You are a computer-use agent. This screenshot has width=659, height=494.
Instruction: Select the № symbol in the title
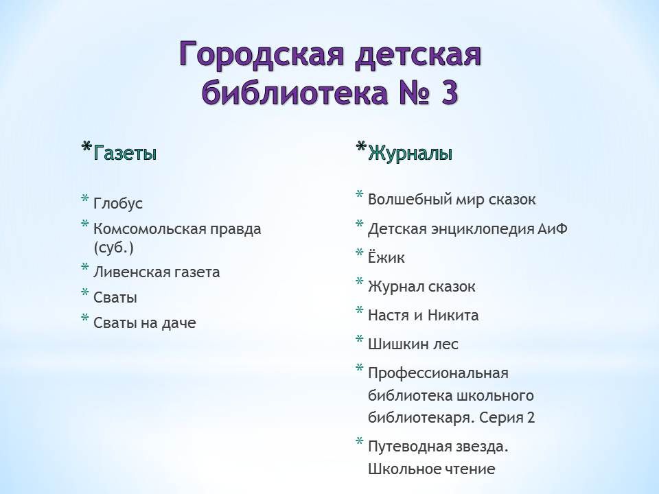coord(413,92)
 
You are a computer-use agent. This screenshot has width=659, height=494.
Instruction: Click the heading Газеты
coord(125,153)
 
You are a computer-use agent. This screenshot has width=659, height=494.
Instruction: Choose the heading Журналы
coord(411,153)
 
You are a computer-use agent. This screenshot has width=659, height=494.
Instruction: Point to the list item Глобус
coord(118,203)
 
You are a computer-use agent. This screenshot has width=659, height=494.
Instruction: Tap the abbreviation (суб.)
coord(113,248)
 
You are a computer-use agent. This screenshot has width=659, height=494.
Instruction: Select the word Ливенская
coord(130,272)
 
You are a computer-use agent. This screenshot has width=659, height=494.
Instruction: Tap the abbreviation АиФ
coord(552,229)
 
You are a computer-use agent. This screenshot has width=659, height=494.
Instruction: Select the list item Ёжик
coord(386,257)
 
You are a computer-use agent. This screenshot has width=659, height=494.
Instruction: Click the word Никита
coord(453,315)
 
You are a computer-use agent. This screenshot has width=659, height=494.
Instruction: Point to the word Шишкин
coord(396,344)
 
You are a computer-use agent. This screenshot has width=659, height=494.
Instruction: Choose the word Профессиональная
coord(439,373)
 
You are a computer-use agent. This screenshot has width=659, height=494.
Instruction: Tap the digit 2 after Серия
coord(531,418)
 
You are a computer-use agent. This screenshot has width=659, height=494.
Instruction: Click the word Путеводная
coord(413,446)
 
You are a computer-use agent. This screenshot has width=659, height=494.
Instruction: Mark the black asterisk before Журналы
coord(360,148)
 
